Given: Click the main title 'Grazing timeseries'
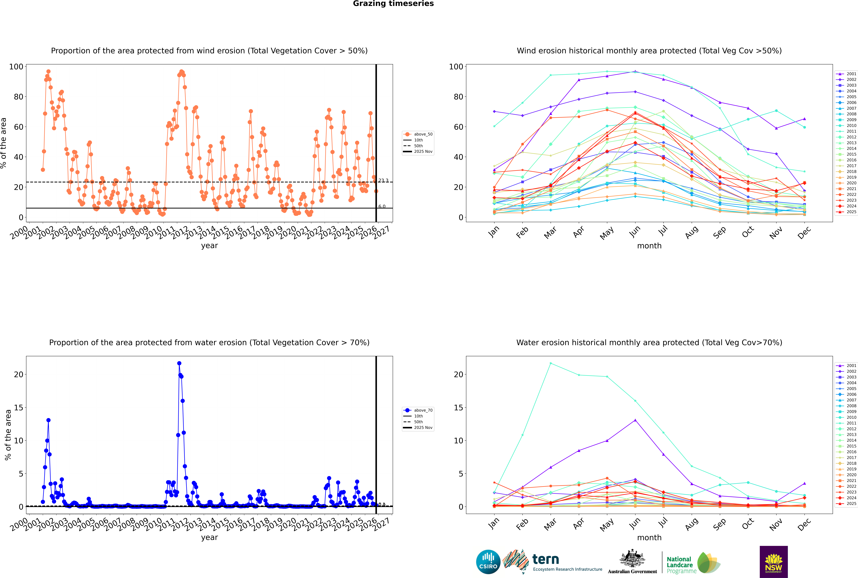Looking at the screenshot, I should pyautogui.click(x=393, y=4).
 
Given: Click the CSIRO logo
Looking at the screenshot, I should pyautogui.click(x=488, y=562).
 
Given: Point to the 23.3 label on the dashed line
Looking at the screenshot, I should pyautogui.click(x=383, y=180).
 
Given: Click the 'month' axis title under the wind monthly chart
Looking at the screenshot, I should pyautogui.click(x=649, y=246).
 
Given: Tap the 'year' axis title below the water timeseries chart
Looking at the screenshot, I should pyautogui.click(x=209, y=537).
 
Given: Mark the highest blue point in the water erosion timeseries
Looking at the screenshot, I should pyautogui.click(x=179, y=363).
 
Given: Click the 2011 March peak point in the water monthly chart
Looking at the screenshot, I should pyautogui.click(x=550, y=363).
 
